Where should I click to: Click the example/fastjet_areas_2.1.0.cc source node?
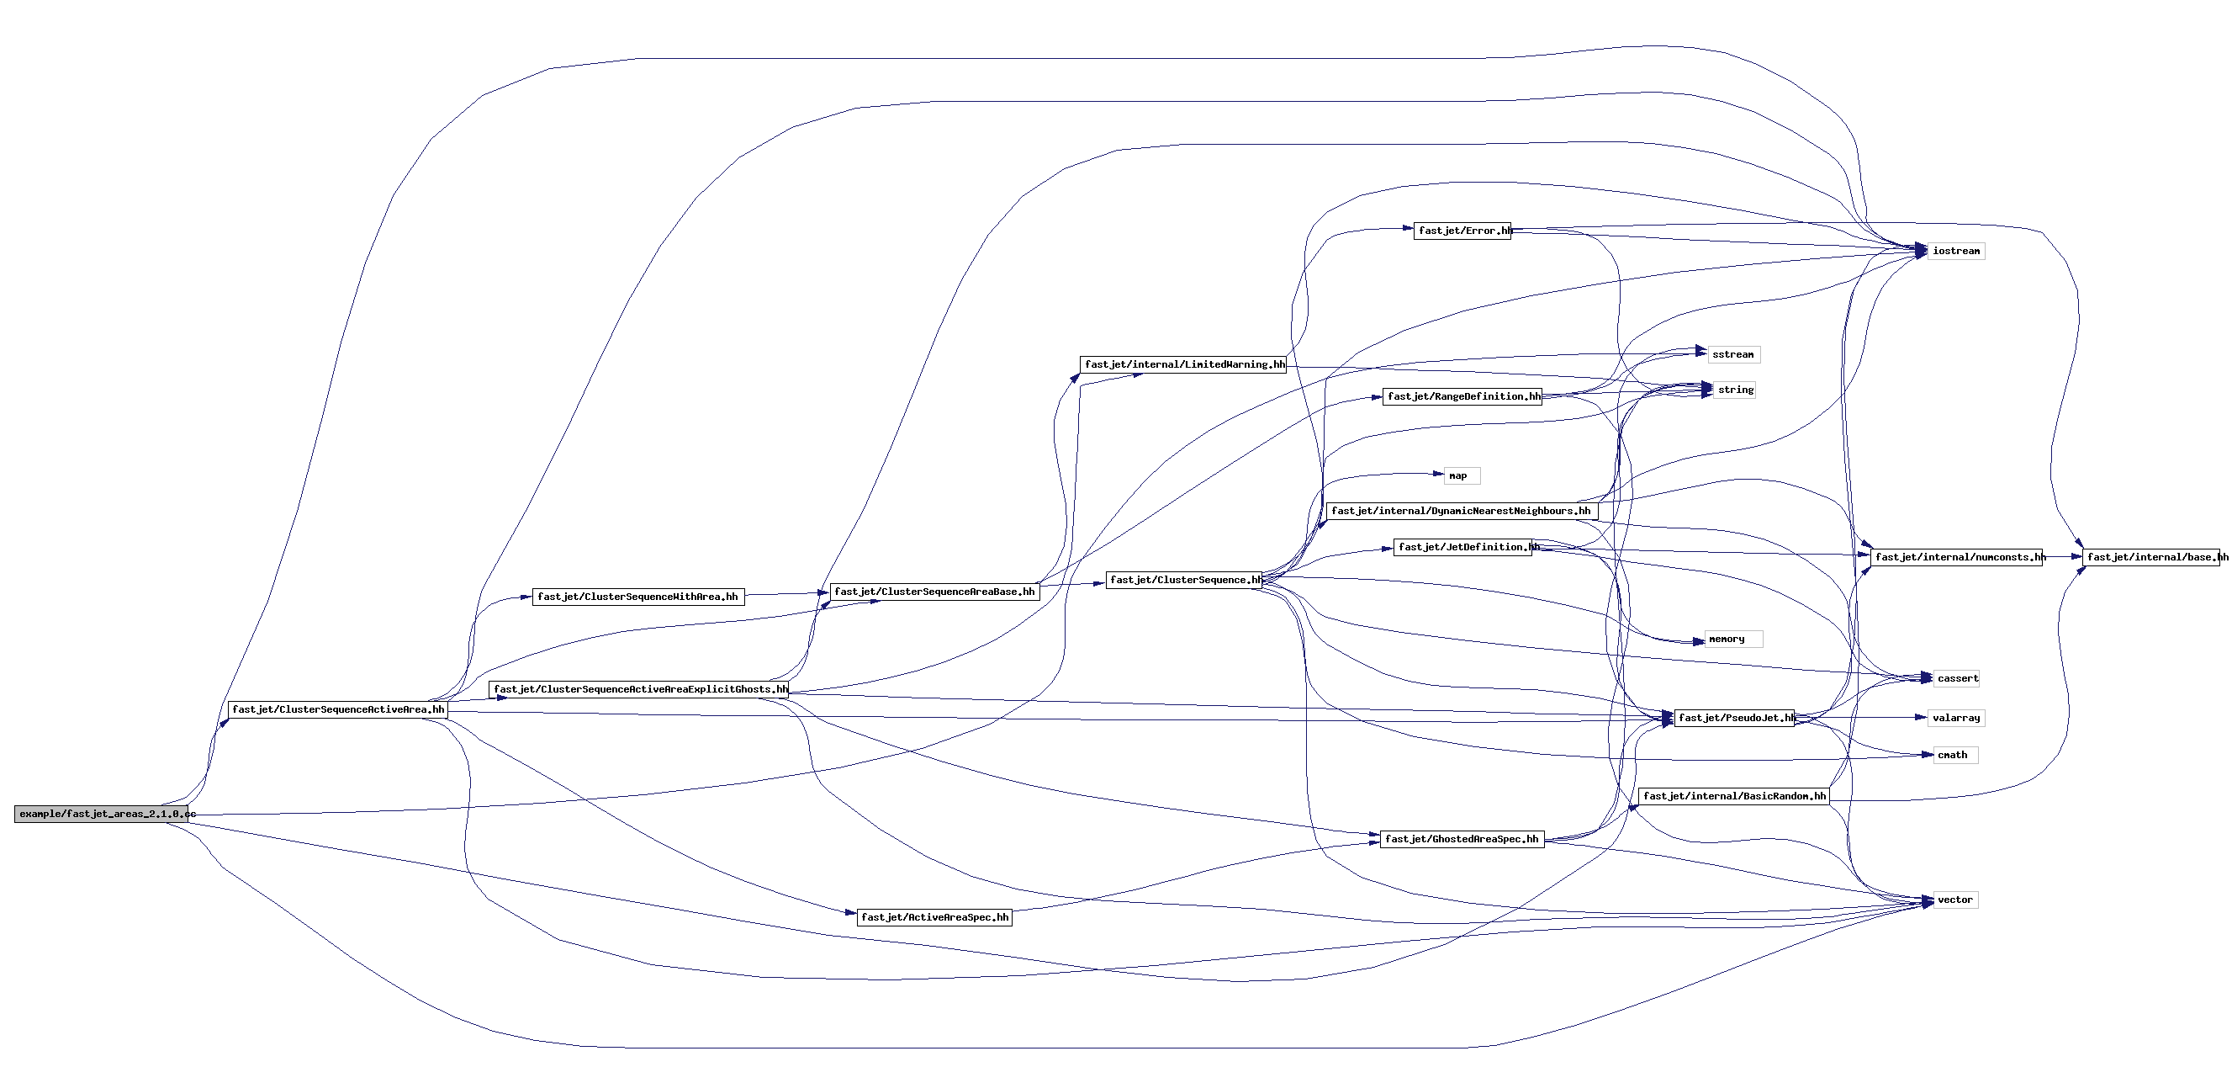[102, 814]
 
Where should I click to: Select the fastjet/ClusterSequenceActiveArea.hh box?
[338, 710]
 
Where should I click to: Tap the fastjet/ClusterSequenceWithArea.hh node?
[637, 597]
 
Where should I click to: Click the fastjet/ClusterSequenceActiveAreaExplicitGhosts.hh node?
[639, 690]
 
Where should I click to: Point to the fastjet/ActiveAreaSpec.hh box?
[934, 917]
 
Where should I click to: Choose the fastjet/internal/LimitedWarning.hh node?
[1182, 365]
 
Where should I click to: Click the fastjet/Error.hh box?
[1462, 231]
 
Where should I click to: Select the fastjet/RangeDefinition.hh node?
[1462, 397]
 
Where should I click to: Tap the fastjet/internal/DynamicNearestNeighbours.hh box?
[1461, 512]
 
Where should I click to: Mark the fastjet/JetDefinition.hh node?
[1462, 547]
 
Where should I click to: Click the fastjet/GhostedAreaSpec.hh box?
[1462, 839]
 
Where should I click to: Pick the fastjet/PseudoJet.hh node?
[1734, 718]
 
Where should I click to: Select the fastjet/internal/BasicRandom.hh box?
[1734, 796]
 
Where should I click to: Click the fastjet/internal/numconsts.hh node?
[1956, 557]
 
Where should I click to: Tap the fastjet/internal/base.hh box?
[2152, 557]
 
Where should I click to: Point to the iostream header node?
[1955, 252]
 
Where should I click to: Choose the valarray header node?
[1955, 718]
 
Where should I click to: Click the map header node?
[1461, 476]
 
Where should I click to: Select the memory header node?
[1733, 640]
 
